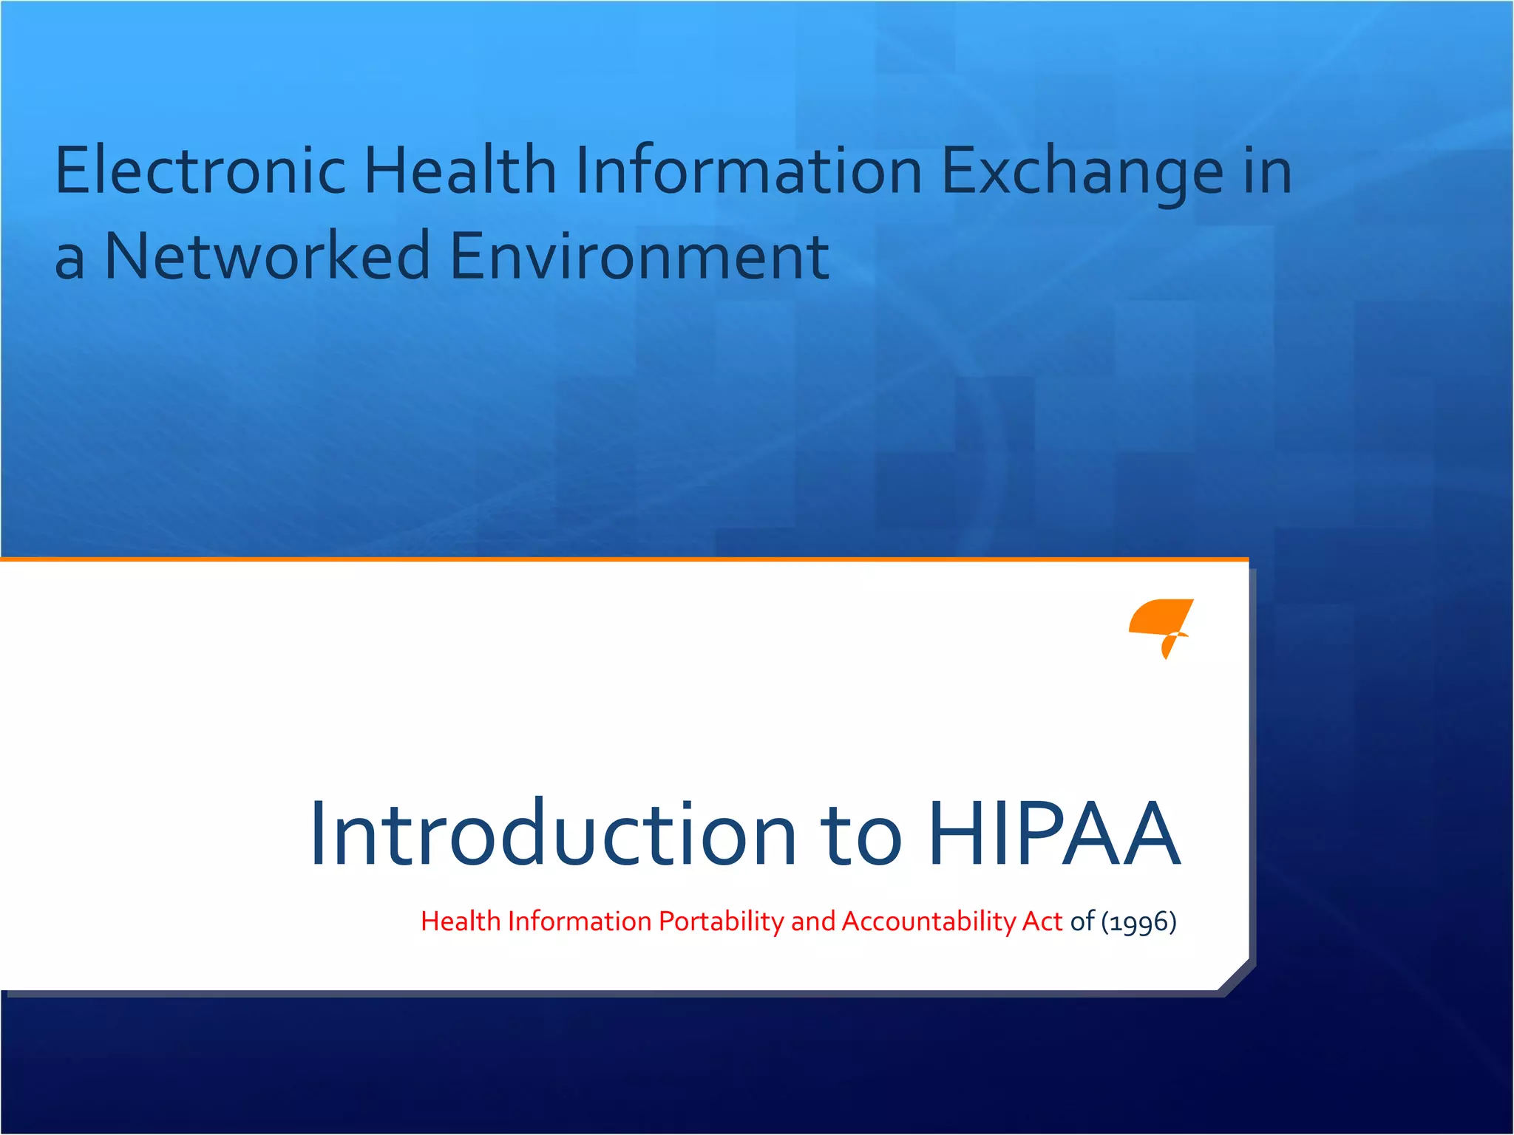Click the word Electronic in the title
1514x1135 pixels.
[x=200, y=171]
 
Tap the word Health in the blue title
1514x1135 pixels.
[x=460, y=171]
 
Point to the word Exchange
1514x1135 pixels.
[x=1082, y=172]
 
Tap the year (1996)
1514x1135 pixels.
[x=1138, y=921]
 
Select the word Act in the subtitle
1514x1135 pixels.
[x=1042, y=921]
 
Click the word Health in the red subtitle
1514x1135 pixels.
[x=461, y=921]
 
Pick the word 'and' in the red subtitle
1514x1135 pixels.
[x=812, y=921]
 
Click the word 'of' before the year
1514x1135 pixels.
[x=1082, y=921]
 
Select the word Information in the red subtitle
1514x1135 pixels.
[x=580, y=921]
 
